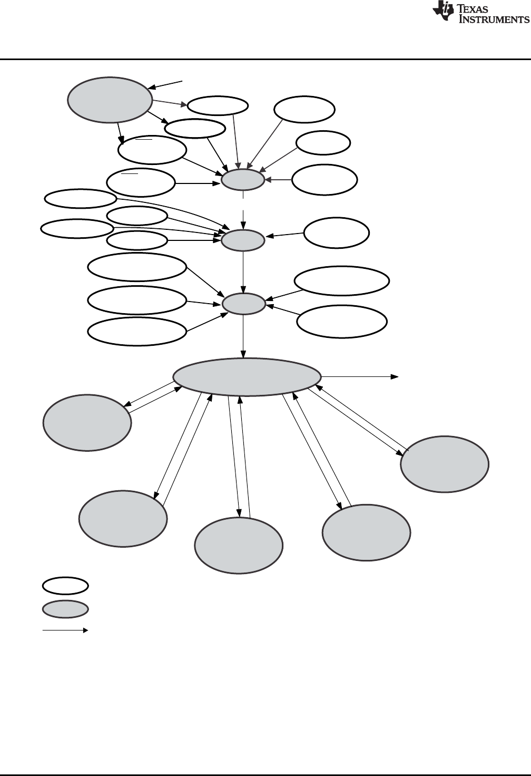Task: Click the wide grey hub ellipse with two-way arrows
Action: click(247, 377)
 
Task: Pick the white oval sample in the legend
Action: click(65, 586)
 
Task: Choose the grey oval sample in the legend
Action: click(65, 609)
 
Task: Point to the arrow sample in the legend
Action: click(65, 630)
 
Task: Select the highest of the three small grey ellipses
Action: click(242, 180)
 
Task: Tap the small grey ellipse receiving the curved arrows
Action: click(242, 241)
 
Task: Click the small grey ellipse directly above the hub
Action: click(243, 304)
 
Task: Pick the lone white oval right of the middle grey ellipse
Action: click(337, 232)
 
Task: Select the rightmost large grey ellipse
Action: click(444, 464)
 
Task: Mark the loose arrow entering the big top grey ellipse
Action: click(165, 84)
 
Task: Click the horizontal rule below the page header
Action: click(265, 59)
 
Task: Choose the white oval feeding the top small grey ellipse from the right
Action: click(324, 180)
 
